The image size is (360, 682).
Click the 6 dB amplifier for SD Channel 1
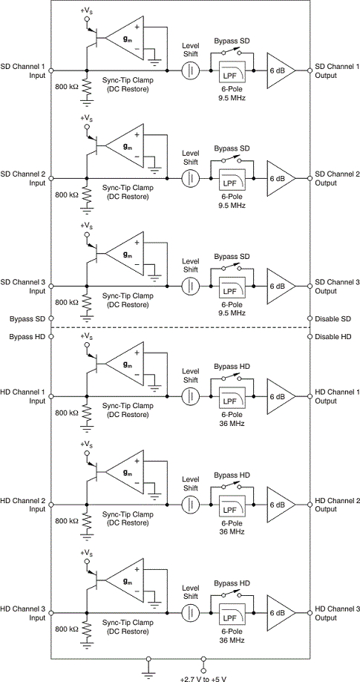coord(279,70)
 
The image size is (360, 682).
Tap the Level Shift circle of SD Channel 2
coord(191,178)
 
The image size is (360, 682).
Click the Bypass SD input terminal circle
coord(51,319)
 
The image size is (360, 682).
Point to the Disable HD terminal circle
coord(310,336)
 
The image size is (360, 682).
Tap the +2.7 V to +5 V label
coord(202,678)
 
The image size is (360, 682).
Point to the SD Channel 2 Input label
coord(29,178)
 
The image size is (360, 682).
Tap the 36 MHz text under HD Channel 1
coord(232,423)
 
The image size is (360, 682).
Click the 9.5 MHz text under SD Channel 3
coord(232,312)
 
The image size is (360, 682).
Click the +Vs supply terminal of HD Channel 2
coord(87,453)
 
